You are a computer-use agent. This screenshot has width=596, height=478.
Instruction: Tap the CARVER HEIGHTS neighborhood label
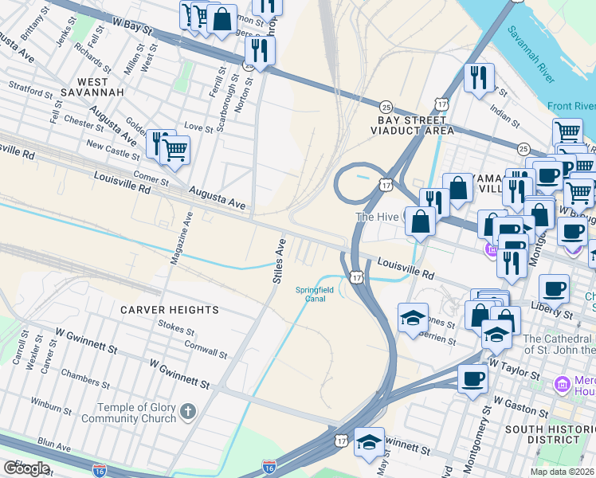169,309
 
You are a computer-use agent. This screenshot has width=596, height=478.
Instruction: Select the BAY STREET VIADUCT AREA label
415,125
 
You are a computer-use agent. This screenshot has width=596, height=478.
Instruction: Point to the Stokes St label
176,326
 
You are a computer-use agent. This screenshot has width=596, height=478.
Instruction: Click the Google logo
26,468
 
